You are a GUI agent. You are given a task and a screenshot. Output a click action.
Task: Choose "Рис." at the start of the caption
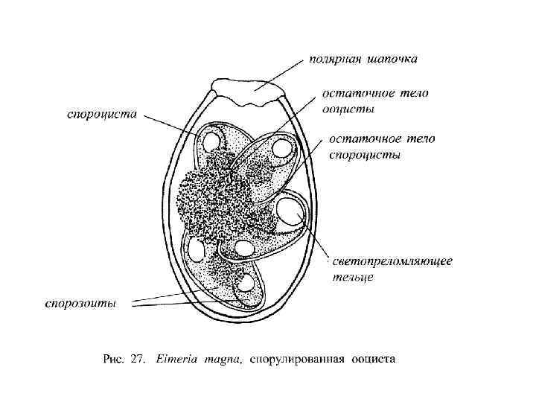click(x=112, y=360)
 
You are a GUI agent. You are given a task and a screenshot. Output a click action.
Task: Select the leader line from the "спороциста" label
click(x=172, y=125)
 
